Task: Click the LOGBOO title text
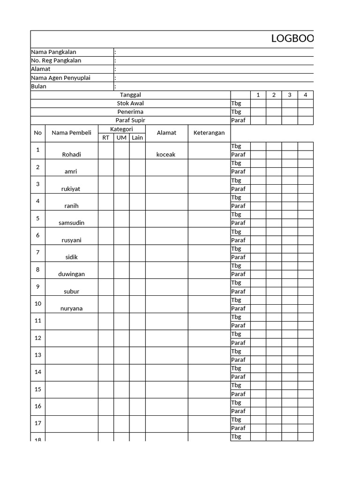(x=292, y=39)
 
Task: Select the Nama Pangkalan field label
(x=53, y=52)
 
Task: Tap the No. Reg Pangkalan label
(x=56, y=60)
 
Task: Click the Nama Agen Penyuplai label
(x=60, y=78)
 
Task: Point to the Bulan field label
(x=39, y=86)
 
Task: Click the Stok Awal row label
(x=130, y=103)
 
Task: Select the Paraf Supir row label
(x=130, y=120)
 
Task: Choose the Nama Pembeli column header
(x=71, y=133)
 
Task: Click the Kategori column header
(x=121, y=129)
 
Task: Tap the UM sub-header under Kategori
(x=121, y=137)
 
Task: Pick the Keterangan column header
(x=209, y=133)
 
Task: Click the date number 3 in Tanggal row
(x=290, y=95)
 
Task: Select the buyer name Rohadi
(x=71, y=155)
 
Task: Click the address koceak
(x=166, y=155)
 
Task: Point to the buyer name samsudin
(x=71, y=223)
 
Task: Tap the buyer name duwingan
(x=71, y=274)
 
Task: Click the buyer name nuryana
(x=71, y=308)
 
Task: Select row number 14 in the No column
(x=38, y=372)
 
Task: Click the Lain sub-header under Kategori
(x=137, y=137)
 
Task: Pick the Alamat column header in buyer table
(x=166, y=133)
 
